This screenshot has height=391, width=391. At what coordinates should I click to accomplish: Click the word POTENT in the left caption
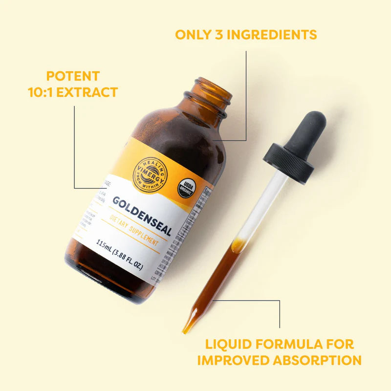pyautogui.click(x=73, y=76)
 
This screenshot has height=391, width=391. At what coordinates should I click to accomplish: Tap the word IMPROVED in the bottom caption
pyautogui.click(x=230, y=360)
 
